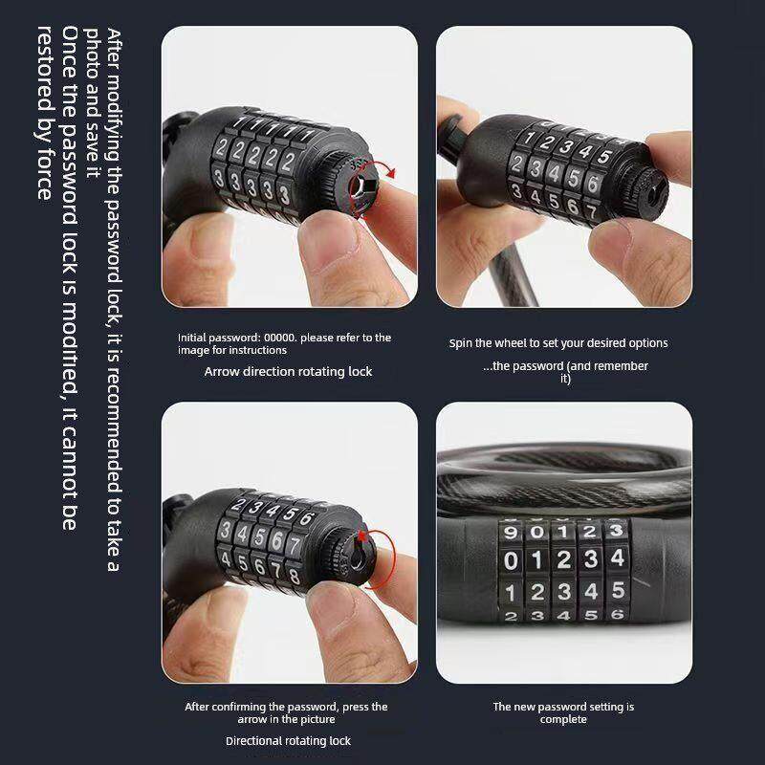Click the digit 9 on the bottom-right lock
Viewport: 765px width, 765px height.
coord(511,532)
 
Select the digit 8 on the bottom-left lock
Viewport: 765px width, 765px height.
coord(294,577)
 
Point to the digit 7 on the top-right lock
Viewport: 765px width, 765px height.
coord(591,211)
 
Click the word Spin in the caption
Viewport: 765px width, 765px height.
coord(460,343)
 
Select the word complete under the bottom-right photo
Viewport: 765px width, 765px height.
coord(563,720)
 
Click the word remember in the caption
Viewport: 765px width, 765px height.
coord(623,366)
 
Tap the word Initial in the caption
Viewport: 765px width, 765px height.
coord(192,338)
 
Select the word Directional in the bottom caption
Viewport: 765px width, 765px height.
coord(251,741)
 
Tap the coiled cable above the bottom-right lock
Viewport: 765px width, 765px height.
coord(564,481)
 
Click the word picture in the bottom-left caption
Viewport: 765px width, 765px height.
coord(317,720)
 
